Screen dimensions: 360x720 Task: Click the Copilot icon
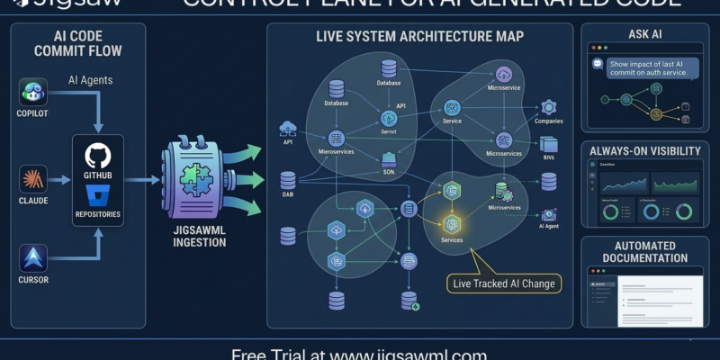(x=33, y=92)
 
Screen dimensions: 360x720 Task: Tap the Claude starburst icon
(x=33, y=179)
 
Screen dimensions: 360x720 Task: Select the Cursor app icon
(x=33, y=259)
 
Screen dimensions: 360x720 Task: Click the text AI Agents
(x=90, y=81)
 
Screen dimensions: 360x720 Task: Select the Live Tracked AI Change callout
(x=505, y=284)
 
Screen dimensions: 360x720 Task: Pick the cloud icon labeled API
(x=289, y=128)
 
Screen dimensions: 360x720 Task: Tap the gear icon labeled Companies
(x=548, y=107)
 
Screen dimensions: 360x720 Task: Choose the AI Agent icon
(x=548, y=213)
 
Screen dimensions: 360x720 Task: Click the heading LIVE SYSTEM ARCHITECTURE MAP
(x=419, y=38)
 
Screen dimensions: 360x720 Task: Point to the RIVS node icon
(x=549, y=144)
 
